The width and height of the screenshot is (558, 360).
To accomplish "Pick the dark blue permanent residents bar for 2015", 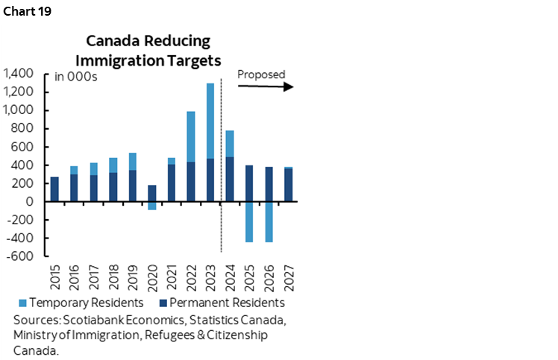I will click(x=54, y=189).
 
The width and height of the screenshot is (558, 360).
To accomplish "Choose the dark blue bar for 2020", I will click(x=151, y=193).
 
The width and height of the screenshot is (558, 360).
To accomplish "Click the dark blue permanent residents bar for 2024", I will click(x=229, y=179).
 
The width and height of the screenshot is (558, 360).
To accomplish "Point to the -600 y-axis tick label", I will click(x=22, y=256).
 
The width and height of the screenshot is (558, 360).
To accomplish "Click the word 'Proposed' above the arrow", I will click(x=261, y=75).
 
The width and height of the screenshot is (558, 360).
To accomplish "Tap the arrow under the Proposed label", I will click(x=265, y=86).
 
